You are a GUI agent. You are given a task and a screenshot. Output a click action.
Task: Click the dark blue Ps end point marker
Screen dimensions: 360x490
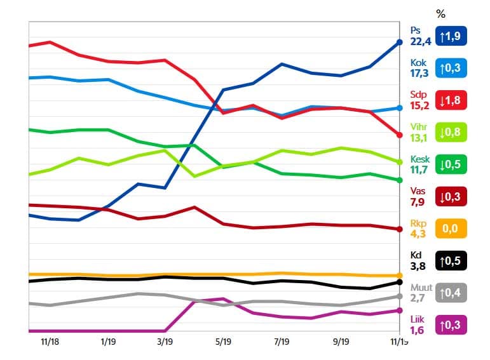click(x=399, y=42)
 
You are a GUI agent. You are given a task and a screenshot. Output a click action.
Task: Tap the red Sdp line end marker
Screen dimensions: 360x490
click(x=399, y=135)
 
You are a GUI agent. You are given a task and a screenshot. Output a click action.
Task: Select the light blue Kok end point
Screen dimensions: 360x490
click(x=399, y=108)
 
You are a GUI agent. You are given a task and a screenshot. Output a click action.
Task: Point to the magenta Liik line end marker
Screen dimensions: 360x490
click(x=399, y=310)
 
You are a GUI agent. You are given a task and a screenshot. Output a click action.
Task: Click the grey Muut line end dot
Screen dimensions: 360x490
click(x=399, y=297)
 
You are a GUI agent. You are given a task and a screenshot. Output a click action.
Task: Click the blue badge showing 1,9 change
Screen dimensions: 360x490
click(x=451, y=36)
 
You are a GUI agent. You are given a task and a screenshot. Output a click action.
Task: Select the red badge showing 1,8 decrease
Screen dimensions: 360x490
click(x=451, y=101)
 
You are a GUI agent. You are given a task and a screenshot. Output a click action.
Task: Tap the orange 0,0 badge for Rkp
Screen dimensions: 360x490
click(x=451, y=229)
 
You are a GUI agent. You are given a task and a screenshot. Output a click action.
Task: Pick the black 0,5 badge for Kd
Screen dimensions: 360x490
click(x=451, y=260)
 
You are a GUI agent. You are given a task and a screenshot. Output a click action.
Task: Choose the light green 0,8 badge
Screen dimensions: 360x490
click(x=451, y=133)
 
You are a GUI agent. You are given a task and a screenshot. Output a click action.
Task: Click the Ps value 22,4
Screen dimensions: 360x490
click(x=421, y=42)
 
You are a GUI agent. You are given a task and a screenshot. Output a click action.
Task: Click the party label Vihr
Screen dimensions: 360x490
click(x=419, y=126)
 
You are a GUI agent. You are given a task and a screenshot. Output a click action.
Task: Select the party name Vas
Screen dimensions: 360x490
click(x=418, y=190)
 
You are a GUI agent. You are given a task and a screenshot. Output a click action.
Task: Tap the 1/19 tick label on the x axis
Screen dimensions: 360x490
click(x=107, y=342)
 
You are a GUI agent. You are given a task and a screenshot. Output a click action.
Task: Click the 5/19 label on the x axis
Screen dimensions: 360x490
click(x=224, y=342)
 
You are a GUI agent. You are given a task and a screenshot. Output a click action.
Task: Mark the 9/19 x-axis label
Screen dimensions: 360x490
click(x=341, y=342)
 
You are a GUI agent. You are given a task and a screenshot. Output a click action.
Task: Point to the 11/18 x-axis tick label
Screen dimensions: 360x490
click(x=50, y=342)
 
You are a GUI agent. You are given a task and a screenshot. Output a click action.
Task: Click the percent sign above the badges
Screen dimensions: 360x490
click(x=441, y=13)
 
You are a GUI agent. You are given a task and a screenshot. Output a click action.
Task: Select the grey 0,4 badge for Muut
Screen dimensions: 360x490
click(x=451, y=292)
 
